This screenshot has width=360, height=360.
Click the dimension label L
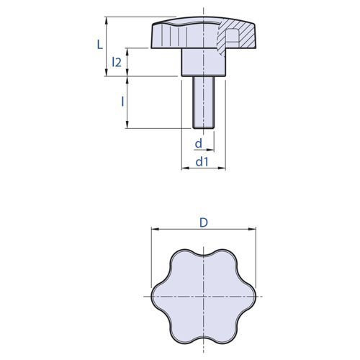point(99,45)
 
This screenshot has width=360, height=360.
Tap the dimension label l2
point(117,62)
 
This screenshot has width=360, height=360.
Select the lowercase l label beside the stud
point(122,102)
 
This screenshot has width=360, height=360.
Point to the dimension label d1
point(202,162)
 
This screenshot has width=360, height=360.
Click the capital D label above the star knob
point(204,222)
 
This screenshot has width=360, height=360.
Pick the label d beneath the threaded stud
point(199,143)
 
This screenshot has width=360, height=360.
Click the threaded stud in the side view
point(203,102)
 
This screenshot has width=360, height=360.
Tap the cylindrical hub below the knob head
point(203,63)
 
